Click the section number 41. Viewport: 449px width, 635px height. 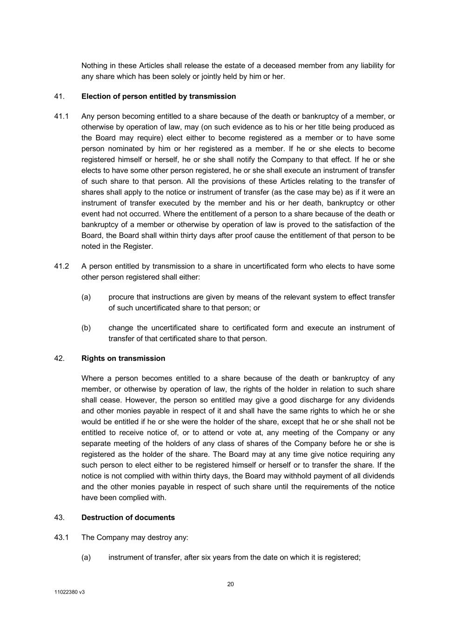click(x=59, y=96)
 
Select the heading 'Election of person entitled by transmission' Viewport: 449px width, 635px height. click(x=158, y=96)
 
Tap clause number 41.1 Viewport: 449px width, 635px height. click(x=61, y=116)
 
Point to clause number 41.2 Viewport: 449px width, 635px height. click(x=61, y=266)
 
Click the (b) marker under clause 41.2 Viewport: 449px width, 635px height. click(x=86, y=328)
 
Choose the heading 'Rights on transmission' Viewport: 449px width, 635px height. click(x=123, y=358)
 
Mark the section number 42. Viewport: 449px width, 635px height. click(x=59, y=358)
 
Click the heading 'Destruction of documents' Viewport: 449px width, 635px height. click(x=128, y=517)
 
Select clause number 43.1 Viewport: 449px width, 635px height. click(x=61, y=537)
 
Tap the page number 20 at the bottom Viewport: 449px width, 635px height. click(x=230, y=584)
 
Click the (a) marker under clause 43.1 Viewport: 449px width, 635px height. click(x=86, y=557)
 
